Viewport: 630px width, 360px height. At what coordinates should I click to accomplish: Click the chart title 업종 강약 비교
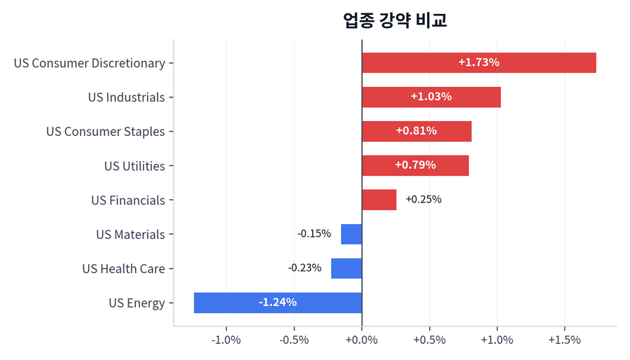point(395,20)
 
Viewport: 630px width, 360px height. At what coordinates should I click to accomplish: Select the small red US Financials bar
point(379,200)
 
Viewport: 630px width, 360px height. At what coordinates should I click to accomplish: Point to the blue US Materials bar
point(351,234)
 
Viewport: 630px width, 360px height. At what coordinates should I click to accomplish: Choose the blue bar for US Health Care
point(346,268)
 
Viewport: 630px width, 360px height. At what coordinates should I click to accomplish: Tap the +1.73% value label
point(479,62)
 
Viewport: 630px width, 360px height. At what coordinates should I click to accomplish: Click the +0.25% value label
point(423,200)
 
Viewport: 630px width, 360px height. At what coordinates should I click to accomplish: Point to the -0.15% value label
point(314,234)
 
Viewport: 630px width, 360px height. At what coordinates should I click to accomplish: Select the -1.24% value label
point(278,303)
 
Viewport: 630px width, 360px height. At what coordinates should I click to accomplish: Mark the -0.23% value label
point(304,268)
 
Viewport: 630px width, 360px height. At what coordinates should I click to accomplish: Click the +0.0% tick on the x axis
point(362,340)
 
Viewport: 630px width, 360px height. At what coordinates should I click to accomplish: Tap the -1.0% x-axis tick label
point(226,340)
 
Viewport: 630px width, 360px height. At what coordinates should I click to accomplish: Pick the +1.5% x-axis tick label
point(564,340)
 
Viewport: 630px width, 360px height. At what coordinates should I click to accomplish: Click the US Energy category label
point(136,303)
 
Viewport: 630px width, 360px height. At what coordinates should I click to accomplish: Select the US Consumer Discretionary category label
point(90,63)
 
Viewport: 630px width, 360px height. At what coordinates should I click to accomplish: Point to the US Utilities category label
point(134,166)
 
